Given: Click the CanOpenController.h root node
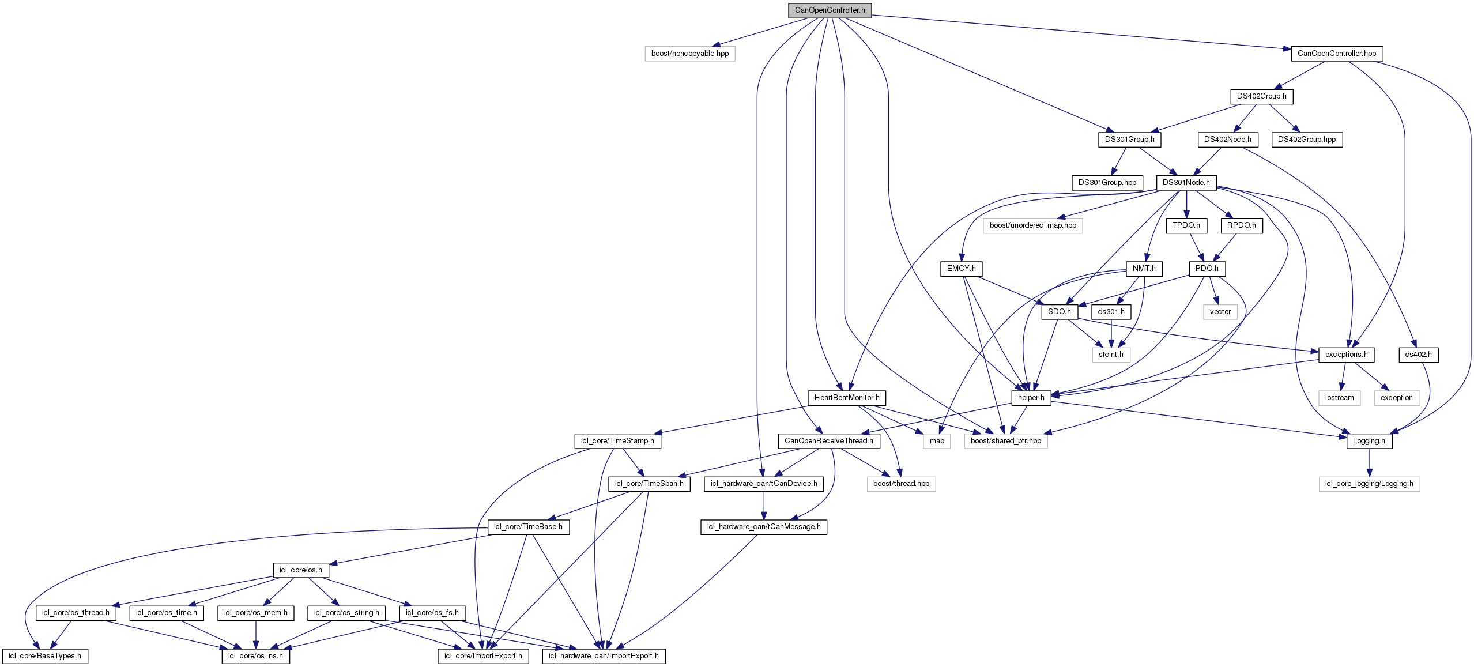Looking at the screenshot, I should (x=830, y=10).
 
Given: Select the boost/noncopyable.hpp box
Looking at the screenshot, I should (x=689, y=54).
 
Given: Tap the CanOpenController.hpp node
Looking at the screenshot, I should (x=1336, y=54).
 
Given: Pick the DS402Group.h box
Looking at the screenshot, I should (x=1261, y=96).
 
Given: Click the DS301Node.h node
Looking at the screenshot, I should (x=1186, y=183).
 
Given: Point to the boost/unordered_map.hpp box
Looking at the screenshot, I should (x=1032, y=225).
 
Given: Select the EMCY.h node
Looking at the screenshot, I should (x=961, y=269).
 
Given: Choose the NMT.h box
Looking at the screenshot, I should (x=1144, y=269).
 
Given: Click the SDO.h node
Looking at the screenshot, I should (x=1060, y=312).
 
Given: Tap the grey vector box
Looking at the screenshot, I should (x=1220, y=312).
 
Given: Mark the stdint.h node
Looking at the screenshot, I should (x=1111, y=355).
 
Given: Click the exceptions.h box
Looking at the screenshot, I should (x=1346, y=355).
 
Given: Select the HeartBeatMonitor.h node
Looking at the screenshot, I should (x=846, y=398).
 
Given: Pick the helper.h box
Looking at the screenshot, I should (x=1031, y=398).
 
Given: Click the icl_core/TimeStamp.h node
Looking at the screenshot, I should (x=617, y=441).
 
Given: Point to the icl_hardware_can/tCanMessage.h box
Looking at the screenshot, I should (x=763, y=527).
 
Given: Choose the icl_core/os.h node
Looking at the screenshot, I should (x=300, y=570).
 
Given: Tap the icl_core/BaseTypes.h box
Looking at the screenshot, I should (x=45, y=656).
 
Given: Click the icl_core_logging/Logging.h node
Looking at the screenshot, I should (x=1369, y=484).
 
